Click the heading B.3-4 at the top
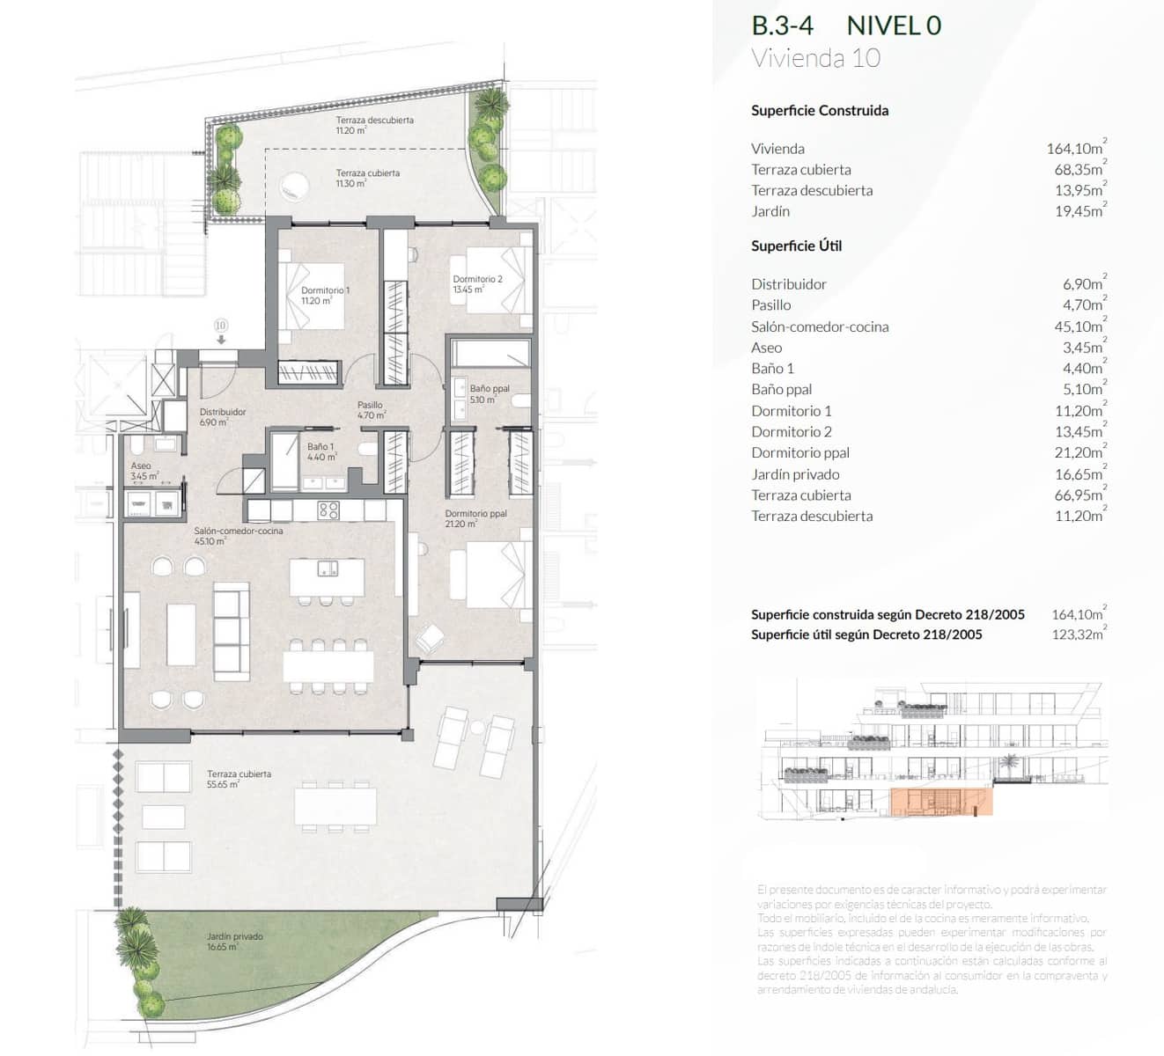782,26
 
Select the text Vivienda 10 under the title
815,58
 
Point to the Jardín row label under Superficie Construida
770,211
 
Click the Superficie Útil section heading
796,246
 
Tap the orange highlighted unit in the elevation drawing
941,802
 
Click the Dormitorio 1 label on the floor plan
325,290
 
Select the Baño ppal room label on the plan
490,388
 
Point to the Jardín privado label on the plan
235,937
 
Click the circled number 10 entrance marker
221,326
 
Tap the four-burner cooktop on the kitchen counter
328,510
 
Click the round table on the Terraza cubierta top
292,186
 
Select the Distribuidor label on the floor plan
223,412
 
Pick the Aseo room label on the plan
141,466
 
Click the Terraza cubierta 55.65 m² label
239,775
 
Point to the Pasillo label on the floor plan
371,406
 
